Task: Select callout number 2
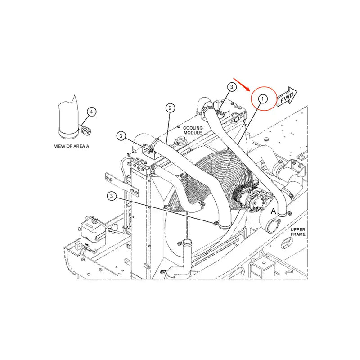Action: pos(170,108)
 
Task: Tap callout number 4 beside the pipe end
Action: pos(91,111)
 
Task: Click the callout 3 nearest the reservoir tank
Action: pos(112,196)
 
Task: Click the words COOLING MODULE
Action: pos(193,131)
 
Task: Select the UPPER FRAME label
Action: pos(298,232)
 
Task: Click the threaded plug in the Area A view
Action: pos(85,130)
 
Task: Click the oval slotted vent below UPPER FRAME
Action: pos(286,243)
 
